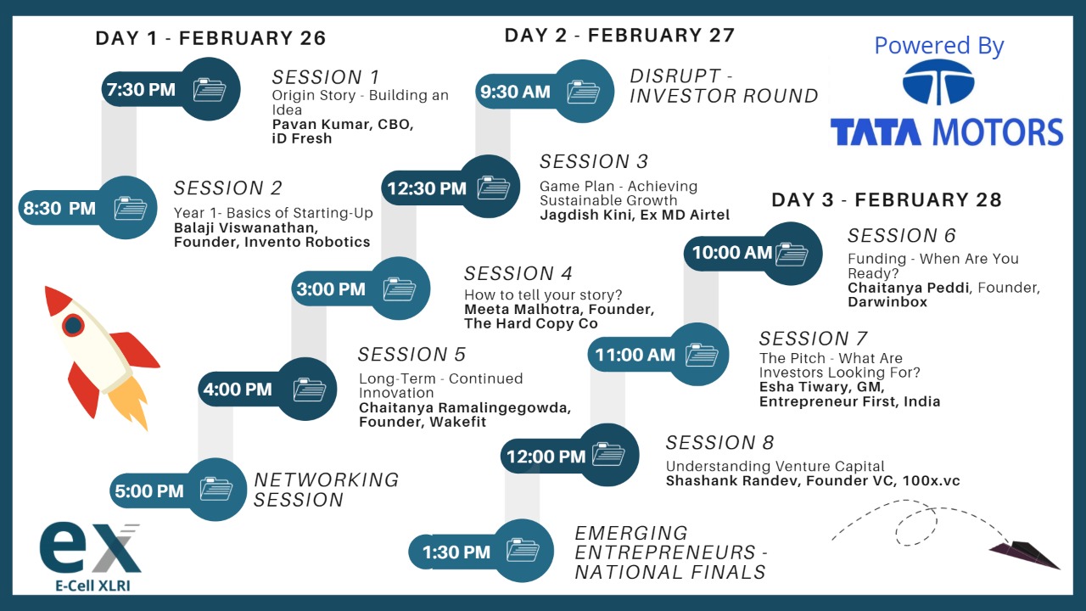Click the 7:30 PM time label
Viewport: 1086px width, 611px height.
(141, 90)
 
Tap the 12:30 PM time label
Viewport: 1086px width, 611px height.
(427, 188)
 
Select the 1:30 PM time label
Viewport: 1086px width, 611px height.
(456, 552)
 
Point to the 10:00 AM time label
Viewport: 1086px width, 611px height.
(731, 253)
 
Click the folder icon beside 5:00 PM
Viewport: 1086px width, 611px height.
(216, 489)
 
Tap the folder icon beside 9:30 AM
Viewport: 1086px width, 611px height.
(583, 92)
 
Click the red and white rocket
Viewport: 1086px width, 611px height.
(101, 357)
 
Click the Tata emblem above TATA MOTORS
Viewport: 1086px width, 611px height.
(938, 82)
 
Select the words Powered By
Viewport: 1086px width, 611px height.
(939, 46)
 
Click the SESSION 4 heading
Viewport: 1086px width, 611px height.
(518, 273)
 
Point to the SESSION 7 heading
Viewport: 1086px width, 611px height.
(813, 339)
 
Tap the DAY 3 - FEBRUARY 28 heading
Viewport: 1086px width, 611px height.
(887, 199)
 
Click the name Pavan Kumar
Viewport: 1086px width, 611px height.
(322, 124)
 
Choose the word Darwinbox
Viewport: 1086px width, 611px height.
(887, 301)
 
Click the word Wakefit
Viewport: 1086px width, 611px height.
(457, 422)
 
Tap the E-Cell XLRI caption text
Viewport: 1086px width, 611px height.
(92, 586)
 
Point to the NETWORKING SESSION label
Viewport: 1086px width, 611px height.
(326, 490)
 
